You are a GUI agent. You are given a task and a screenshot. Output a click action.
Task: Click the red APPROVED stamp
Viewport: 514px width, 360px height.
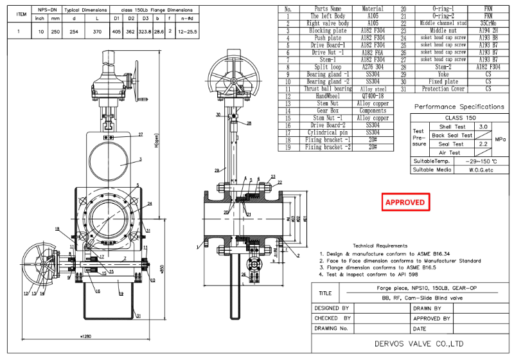[405, 202]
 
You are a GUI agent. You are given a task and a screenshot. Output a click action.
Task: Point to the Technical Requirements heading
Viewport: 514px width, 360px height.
[380, 246]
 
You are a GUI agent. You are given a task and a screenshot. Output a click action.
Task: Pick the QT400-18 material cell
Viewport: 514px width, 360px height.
[372, 96]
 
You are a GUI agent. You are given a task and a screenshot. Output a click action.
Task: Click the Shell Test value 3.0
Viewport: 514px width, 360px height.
[483, 127]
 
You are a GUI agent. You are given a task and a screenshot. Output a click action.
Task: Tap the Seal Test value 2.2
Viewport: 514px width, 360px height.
[483, 144]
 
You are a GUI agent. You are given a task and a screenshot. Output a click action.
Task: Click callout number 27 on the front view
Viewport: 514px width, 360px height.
[140, 134]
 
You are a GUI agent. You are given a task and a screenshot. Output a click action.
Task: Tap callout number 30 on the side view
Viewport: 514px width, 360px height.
[219, 115]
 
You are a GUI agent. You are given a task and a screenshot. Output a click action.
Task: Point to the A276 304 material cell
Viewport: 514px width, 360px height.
[372, 67]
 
